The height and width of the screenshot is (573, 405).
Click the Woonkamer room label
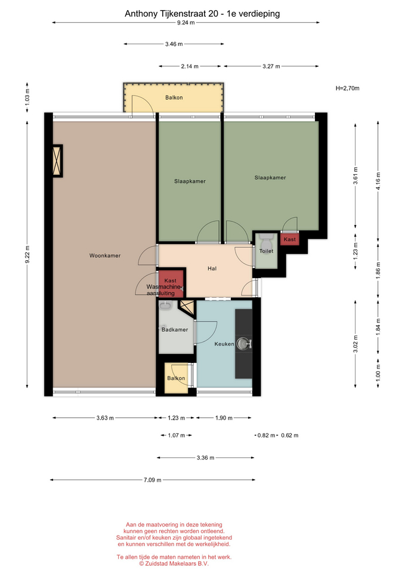click(x=105, y=255)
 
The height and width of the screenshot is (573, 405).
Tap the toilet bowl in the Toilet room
click(x=265, y=241)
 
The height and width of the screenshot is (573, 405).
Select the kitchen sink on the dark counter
click(x=243, y=344)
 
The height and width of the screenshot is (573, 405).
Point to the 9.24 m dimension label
click(x=186, y=23)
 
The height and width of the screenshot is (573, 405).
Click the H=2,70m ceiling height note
click(x=347, y=88)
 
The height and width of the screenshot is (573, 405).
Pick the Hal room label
click(x=212, y=269)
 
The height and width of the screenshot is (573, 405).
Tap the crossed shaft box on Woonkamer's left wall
click(x=57, y=161)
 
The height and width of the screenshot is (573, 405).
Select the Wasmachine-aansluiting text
click(x=163, y=290)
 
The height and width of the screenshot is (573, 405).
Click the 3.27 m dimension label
click(x=271, y=66)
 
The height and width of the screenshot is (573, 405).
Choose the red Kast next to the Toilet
click(x=290, y=239)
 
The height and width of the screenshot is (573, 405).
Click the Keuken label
click(x=224, y=344)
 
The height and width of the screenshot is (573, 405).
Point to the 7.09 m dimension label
click(x=152, y=480)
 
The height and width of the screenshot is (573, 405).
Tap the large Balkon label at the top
click(x=174, y=97)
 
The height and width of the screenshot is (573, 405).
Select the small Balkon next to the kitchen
click(x=176, y=378)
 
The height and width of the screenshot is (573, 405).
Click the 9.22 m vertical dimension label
click(x=27, y=254)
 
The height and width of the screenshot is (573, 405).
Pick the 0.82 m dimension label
click(x=266, y=435)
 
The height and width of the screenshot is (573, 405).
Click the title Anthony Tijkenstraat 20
click(x=171, y=14)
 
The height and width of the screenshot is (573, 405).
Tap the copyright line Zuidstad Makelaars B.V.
click(x=174, y=564)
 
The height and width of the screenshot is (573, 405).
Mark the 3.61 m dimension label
click(x=355, y=175)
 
